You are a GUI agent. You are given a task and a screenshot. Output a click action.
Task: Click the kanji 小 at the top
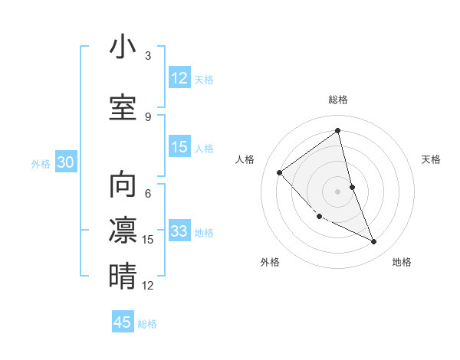click(x=123, y=47)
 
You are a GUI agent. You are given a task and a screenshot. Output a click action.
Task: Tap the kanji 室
click(x=123, y=107)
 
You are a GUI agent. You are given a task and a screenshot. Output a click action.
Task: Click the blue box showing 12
click(x=179, y=78)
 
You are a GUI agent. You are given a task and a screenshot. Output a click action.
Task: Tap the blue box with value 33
click(x=179, y=231)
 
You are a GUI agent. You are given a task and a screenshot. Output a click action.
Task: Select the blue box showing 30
click(x=66, y=163)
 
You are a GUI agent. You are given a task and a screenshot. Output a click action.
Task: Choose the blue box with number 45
click(x=123, y=322)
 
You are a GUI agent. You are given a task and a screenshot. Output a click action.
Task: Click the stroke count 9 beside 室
click(x=148, y=117)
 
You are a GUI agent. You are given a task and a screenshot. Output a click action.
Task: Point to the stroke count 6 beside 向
click(x=148, y=194)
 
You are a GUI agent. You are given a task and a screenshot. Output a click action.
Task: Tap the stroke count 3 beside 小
click(x=148, y=56)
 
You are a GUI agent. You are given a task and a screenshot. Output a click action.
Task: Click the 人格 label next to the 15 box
click(x=204, y=149)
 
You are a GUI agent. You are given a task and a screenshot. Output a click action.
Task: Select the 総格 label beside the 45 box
click(x=147, y=324)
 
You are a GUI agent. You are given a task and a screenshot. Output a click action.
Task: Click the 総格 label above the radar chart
click(x=337, y=100)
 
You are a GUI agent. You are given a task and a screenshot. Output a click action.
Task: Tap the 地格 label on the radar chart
click(x=402, y=262)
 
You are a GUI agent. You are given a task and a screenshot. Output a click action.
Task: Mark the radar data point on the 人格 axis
click(x=280, y=172)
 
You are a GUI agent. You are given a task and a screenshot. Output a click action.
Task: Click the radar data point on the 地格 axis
click(x=374, y=242)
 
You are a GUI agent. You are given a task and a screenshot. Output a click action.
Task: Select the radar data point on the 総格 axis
click(x=337, y=131)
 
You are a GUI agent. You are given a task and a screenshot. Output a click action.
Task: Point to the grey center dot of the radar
click(x=337, y=191)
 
